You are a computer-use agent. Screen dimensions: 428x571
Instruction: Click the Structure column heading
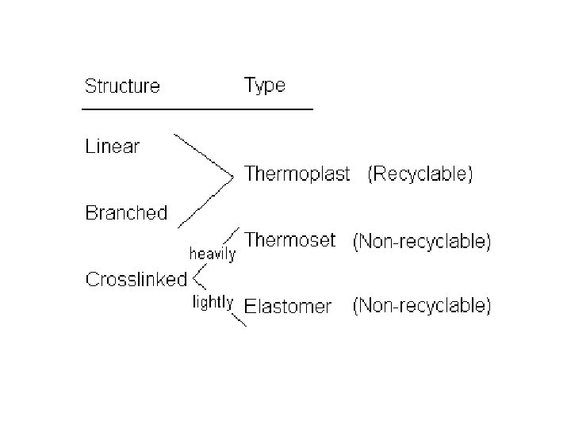122,86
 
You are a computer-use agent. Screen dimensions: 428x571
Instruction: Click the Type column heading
265,85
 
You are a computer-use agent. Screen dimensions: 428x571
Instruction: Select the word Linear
112,147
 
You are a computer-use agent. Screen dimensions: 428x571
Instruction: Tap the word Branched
126,212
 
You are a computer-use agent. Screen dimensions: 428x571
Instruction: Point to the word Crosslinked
136,279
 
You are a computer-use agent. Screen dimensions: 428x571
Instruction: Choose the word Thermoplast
297,174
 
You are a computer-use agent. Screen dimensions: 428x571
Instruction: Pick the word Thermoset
291,239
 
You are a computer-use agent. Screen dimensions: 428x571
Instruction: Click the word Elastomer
288,306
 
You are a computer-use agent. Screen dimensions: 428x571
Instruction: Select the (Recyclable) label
420,174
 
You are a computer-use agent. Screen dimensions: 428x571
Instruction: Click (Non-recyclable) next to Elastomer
422,306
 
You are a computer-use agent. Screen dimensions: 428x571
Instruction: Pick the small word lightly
213,301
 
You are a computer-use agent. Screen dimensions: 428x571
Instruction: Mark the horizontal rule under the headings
198,108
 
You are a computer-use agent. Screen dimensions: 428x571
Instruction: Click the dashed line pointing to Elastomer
236,319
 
